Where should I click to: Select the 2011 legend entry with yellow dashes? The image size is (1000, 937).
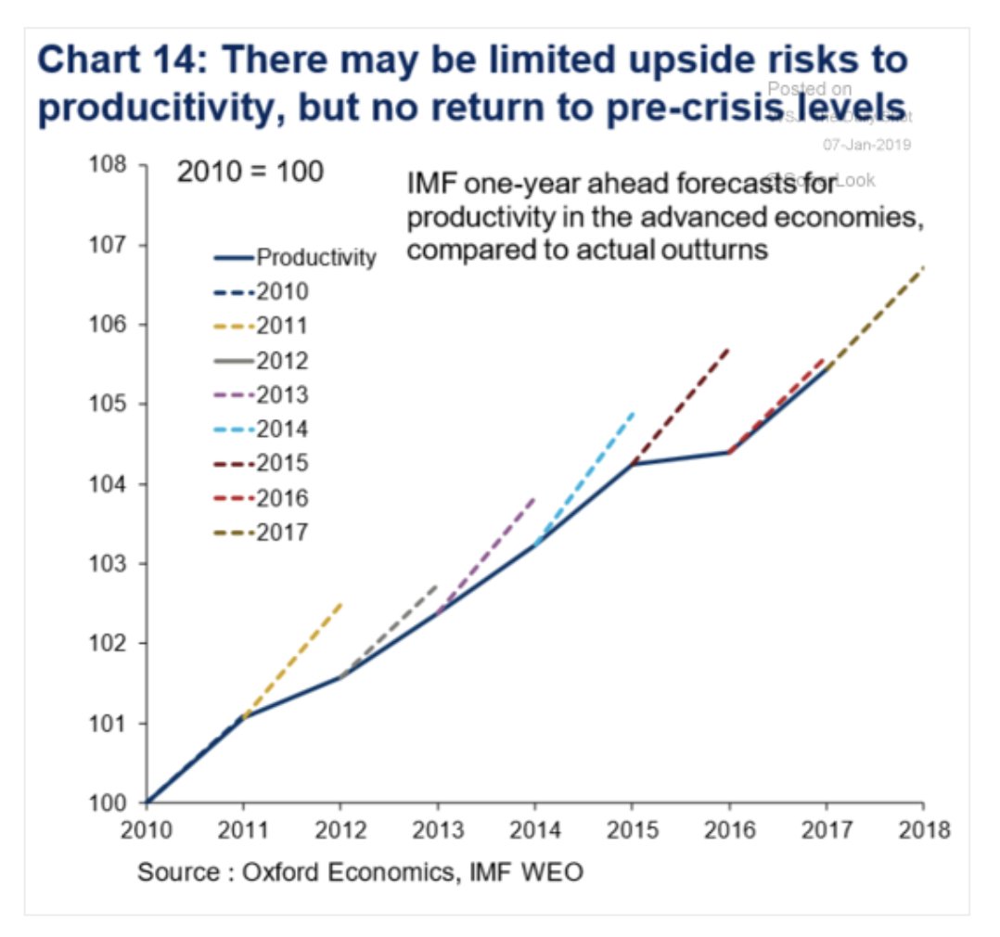click(265, 326)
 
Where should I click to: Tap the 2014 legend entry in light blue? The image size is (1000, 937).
click(265, 429)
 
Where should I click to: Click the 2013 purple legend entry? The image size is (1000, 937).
click(265, 394)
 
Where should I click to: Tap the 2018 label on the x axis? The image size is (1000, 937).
click(923, 829)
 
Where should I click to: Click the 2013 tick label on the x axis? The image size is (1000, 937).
click(437, 829)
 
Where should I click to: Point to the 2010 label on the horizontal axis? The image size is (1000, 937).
click(146, 829)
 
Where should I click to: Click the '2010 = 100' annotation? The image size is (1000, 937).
click(250, 173)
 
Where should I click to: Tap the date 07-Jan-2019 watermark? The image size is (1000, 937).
click(866, 145)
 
